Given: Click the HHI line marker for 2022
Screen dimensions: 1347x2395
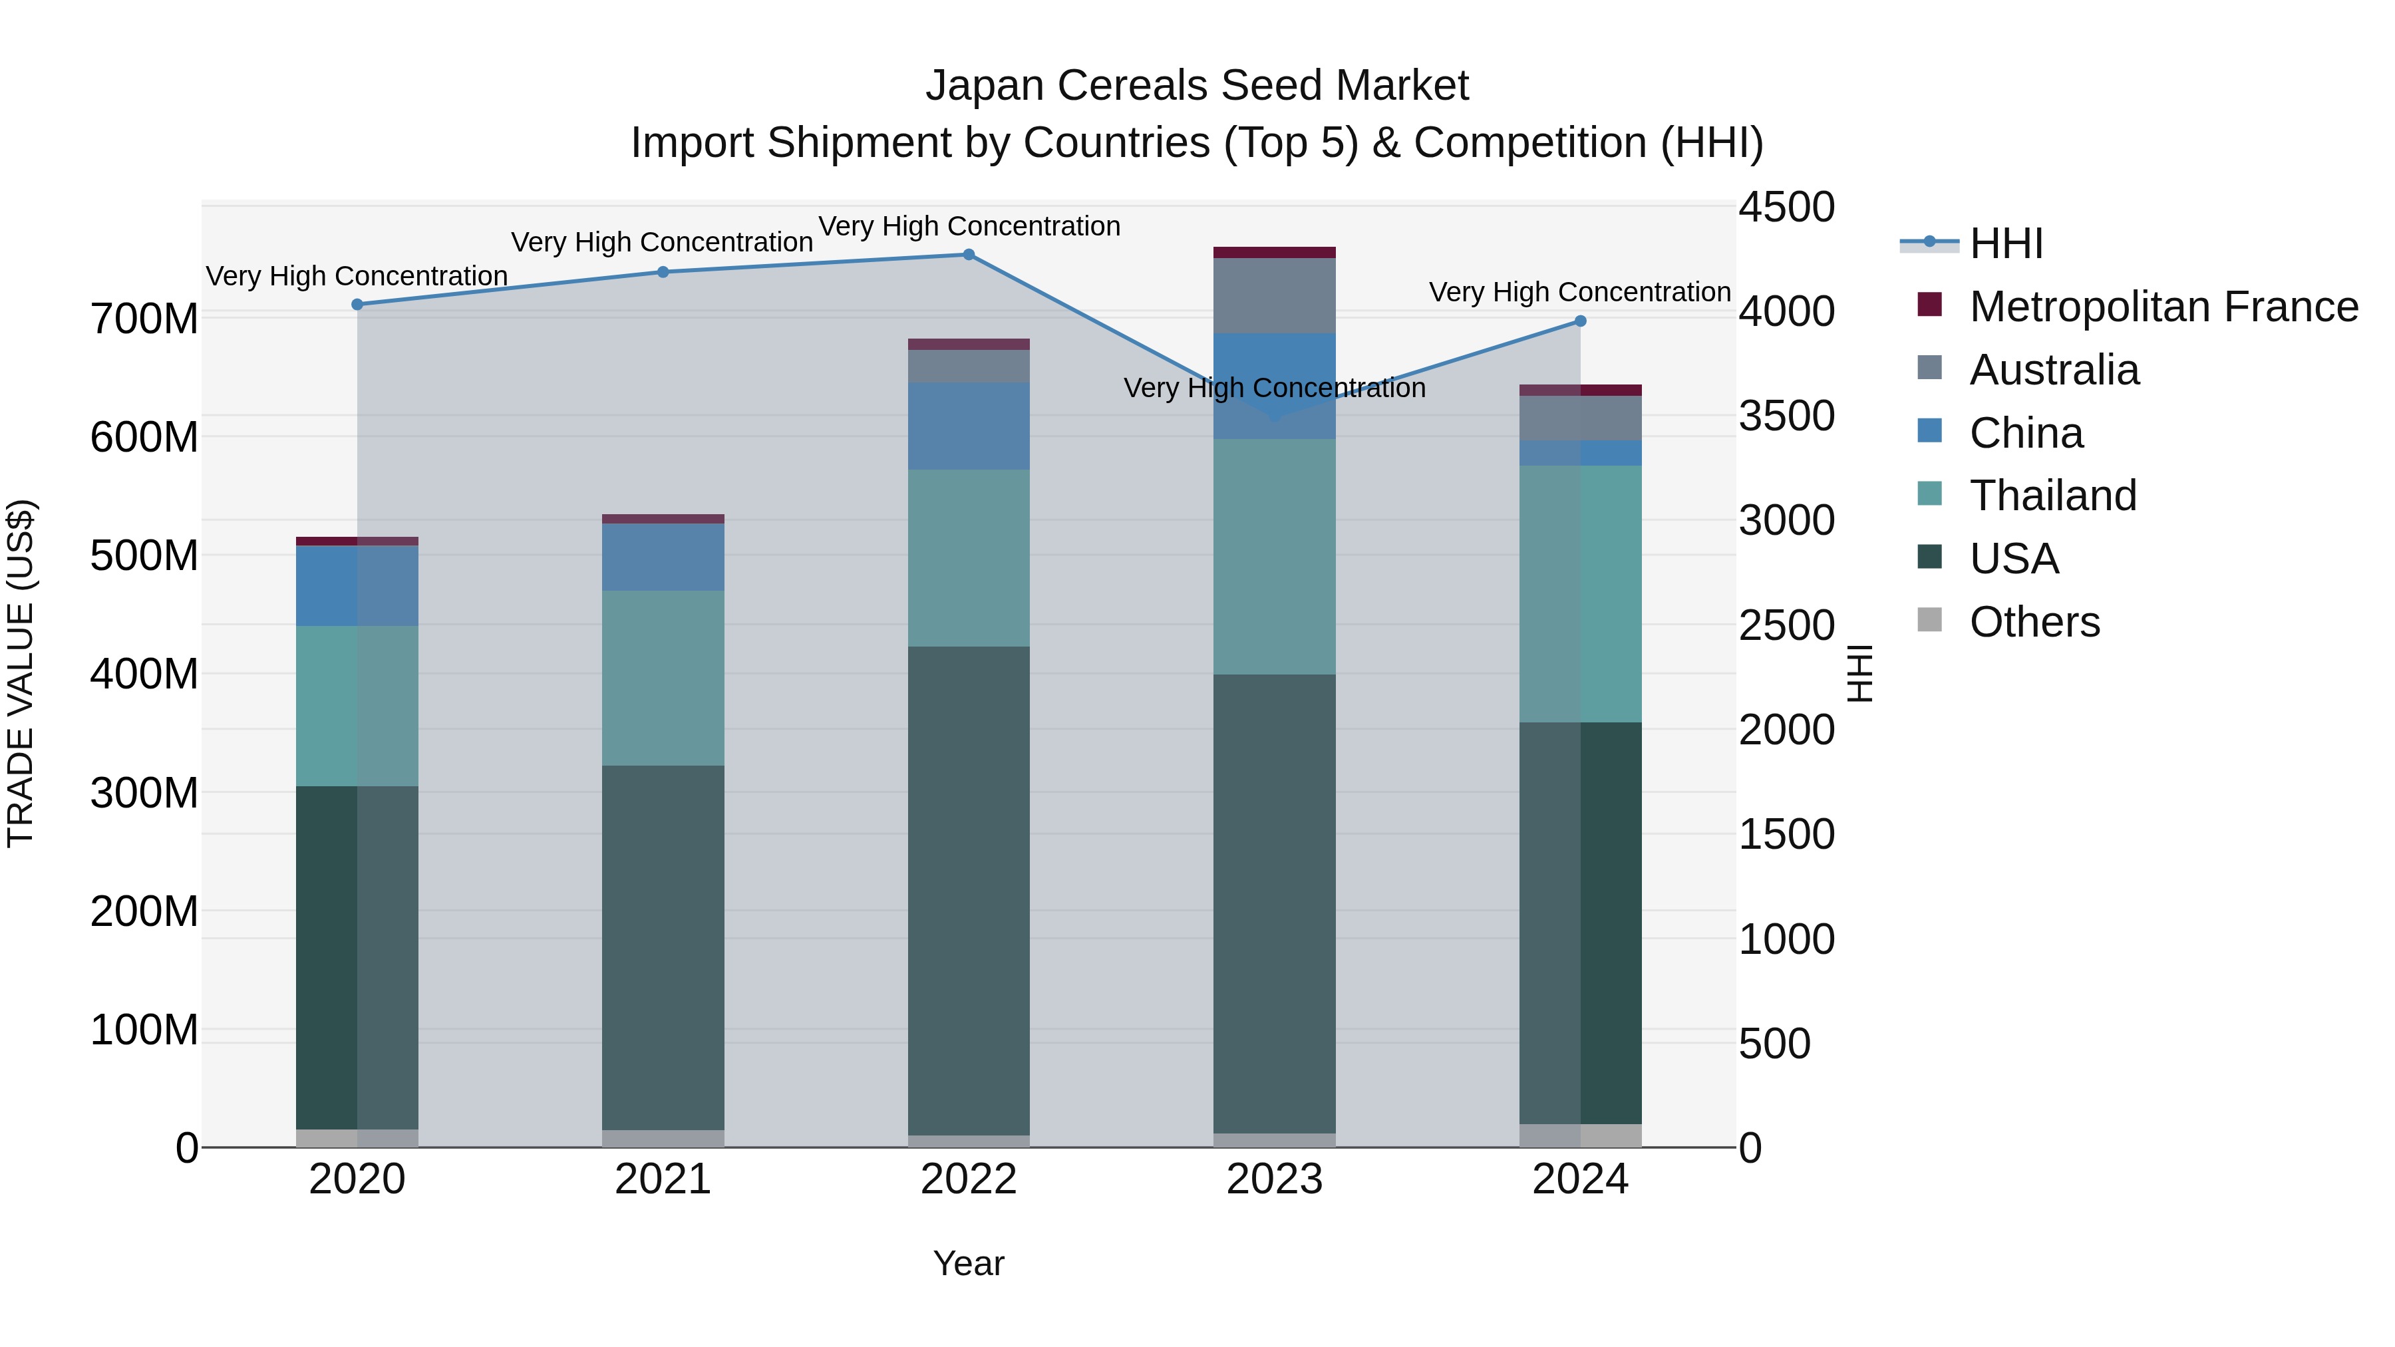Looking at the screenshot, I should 968,255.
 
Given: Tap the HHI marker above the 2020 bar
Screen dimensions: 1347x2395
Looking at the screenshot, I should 357,304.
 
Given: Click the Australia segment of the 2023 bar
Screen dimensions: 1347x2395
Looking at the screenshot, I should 1274,295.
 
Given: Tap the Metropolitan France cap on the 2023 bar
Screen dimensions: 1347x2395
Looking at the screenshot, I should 1274,253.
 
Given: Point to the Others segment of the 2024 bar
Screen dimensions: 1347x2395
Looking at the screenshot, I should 1579,1136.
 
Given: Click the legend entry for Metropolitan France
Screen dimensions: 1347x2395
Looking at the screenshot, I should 2163,306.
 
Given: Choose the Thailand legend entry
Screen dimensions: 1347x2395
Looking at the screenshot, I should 2053,496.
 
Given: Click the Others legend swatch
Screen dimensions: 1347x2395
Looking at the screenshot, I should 1929,620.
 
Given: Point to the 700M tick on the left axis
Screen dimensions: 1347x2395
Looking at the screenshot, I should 144,319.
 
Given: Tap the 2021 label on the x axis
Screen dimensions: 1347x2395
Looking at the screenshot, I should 663,1179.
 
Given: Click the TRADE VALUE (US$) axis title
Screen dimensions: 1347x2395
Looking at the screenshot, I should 21,673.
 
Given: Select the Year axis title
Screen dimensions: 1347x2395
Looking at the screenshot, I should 968,1263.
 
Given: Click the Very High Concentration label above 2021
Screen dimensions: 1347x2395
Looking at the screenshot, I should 662,241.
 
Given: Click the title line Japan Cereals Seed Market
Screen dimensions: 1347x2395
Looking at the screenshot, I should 1197,86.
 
